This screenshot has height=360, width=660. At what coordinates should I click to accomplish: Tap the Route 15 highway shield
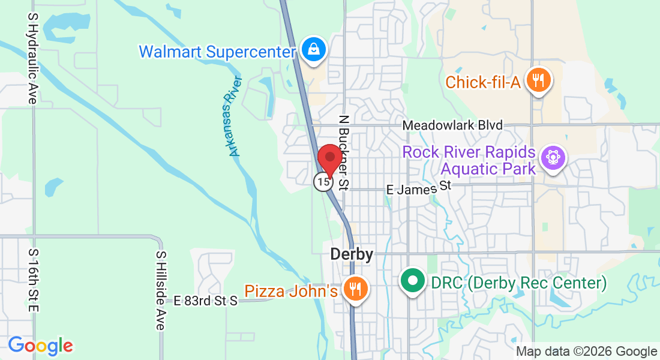[323, 181]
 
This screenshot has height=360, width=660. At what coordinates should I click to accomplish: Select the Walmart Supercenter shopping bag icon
[313, 50]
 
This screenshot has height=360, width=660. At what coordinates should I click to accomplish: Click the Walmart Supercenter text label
[218, 52]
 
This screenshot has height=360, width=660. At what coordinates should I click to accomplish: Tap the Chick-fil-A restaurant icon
[538, 80]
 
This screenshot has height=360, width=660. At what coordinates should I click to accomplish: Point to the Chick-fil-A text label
[482, 82]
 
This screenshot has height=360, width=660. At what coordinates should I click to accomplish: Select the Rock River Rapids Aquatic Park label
[469, 160]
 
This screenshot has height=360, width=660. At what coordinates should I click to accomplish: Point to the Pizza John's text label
[291, 292]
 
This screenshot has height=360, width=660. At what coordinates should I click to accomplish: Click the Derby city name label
[352, 254]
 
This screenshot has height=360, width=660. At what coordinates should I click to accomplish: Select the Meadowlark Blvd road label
[452, 125]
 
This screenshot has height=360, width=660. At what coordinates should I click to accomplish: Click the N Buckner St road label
[344, 153]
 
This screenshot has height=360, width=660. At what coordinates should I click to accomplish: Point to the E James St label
[418, 188]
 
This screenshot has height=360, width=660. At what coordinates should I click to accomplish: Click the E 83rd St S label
[206, 301]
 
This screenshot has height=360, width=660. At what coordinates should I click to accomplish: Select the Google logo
[40, 346]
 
